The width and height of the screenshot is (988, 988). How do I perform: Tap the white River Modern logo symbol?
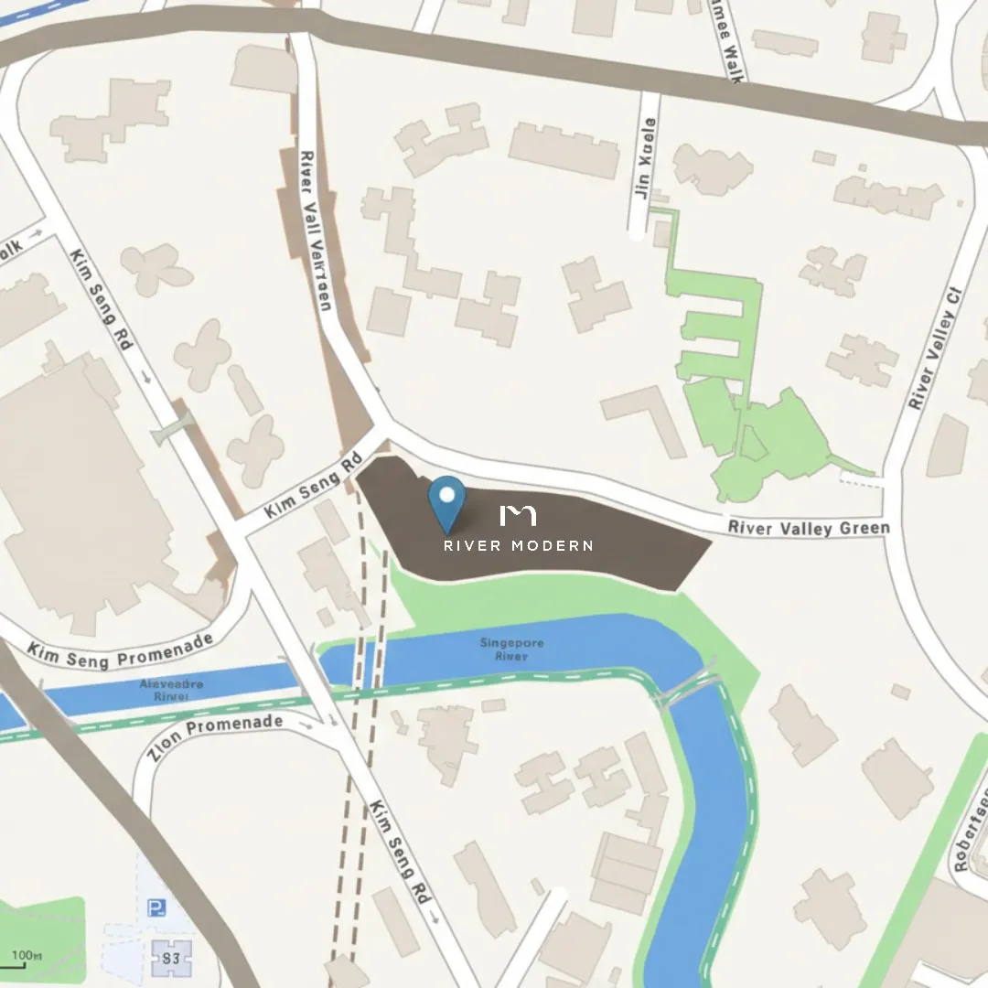coord(518,515)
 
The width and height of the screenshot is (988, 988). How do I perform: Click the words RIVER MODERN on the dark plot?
coord(518,546)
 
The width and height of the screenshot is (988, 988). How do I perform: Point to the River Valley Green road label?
coord(808,528)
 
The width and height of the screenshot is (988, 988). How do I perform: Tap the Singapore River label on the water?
coord(511,650)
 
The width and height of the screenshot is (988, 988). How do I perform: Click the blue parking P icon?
coord(156,907)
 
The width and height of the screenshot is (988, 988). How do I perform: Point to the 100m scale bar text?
coord(27,956)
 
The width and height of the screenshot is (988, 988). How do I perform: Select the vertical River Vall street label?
coord(314,230)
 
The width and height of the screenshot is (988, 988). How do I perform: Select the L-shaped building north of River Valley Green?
coord(646,416)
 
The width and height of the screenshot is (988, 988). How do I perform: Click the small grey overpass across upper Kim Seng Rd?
coord(174,427)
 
